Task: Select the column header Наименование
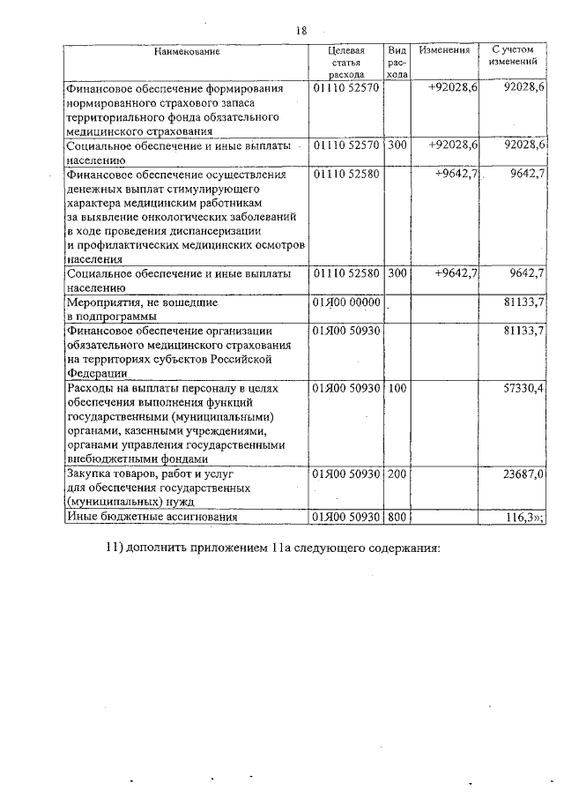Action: (186, 51)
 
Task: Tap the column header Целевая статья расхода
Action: (345, 63)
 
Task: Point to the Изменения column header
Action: (444, 50)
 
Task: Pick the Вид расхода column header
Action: (397, 63)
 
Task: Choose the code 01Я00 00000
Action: (345, 302)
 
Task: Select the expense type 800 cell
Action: (397, 517)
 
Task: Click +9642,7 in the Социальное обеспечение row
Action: (456, 273)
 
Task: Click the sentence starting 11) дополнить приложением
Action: (272, 548)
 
